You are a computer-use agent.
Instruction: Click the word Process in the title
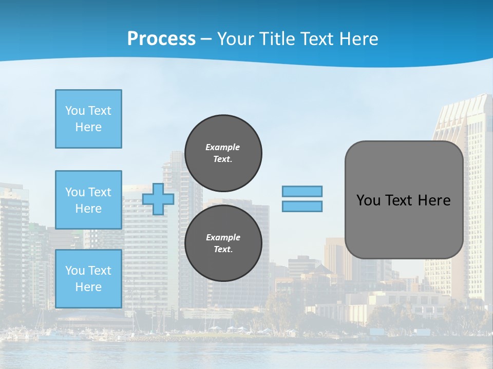tap(161, 39)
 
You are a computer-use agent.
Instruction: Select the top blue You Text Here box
tap(88, 119)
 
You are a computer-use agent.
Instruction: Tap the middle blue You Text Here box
tap(88, 200)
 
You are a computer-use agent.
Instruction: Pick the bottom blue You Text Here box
tap(88, 279)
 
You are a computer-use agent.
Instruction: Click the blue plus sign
tap(158, 199)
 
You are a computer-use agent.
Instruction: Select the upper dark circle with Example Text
tap(223, 153)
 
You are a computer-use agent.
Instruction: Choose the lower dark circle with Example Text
tap(223, 243)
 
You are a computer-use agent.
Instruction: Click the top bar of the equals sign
tap(302, 191)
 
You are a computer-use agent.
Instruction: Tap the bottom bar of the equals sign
tap(302, 207)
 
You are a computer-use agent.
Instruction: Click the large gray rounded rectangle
tap(404, 225)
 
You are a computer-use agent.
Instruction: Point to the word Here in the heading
tap(359, 39)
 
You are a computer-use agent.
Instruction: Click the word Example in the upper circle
tap(223, 147)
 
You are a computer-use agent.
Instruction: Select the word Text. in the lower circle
tap(223, 250)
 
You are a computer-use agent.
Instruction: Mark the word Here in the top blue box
tap(88, 127)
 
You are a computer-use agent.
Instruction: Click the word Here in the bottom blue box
tap(88, 287)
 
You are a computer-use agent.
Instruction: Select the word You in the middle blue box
tap(74, 192)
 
